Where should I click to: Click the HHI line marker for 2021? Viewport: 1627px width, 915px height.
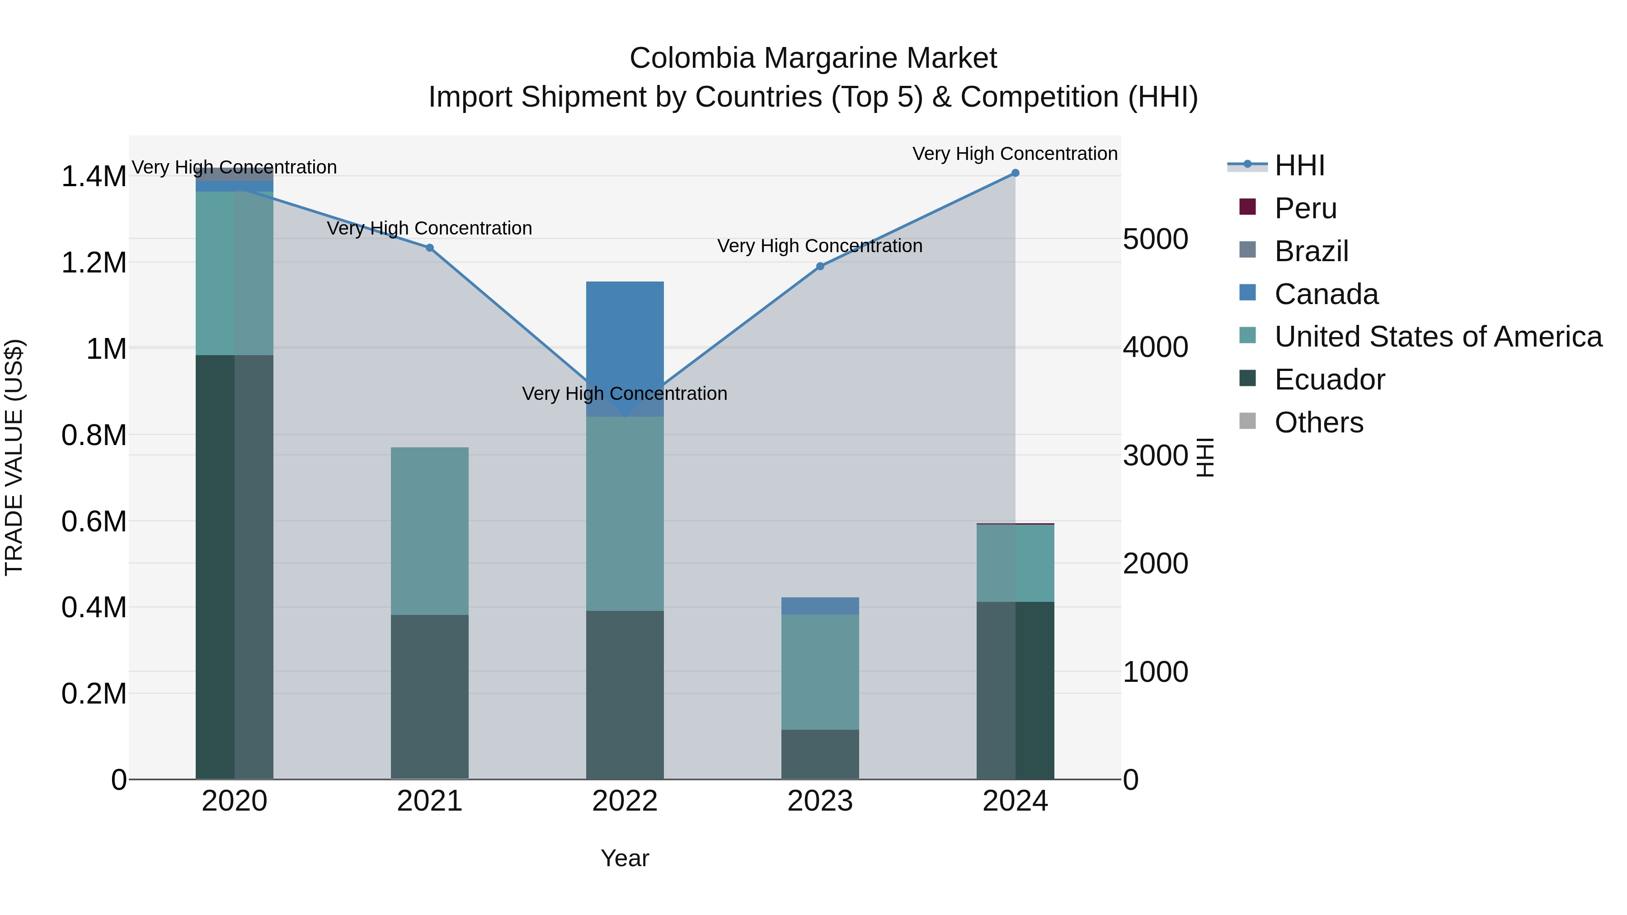point(429,248)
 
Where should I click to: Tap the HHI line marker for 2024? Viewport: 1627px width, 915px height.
point(1015,173)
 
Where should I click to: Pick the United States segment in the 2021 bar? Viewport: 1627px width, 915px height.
point(429,530)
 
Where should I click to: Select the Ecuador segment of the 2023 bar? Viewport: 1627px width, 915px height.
point(820,754)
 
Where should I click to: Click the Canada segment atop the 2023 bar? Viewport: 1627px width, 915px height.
point(820,605)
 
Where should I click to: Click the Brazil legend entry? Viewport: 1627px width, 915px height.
point(1311,251)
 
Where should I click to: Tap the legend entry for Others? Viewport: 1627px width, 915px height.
point(1318,422)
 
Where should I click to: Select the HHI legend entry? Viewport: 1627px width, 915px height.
point(1299,165)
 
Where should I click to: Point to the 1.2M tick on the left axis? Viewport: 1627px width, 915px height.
point(94,263)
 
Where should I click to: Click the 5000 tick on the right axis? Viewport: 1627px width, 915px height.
point(1155,239)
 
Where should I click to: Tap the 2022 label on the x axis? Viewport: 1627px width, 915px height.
point(625,801)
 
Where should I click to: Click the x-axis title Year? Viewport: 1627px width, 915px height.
point(625,858)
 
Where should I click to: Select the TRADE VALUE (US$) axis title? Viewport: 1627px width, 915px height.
point(14,457)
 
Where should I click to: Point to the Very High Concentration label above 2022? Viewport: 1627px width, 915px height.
point(625,394)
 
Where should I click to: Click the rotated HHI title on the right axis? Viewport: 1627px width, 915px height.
point(1205,457)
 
